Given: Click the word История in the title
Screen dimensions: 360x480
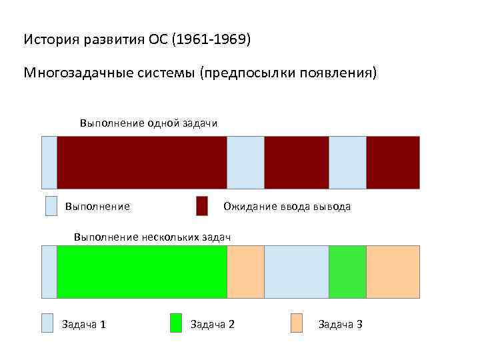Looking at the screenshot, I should tap(51, 40).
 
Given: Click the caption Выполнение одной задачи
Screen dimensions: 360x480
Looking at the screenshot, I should tap(149, 123).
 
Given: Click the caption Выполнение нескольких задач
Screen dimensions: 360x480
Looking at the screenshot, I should tap(152, 237).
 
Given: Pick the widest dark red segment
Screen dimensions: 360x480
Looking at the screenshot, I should tap(142, 163).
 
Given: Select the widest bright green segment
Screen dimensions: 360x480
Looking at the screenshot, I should tap(142, 272).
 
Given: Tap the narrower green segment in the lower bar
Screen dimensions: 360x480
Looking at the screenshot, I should tap(347, 272).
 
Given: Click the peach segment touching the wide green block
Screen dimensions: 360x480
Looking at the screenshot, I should tap(246, 272).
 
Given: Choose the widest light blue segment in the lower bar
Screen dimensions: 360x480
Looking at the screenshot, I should tap(297, 272).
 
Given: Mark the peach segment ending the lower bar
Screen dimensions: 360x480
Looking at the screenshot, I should tap(393, 272).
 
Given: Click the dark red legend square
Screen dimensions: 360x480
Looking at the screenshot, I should tap(202, 206).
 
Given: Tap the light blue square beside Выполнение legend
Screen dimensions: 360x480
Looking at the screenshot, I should tap(51, 206).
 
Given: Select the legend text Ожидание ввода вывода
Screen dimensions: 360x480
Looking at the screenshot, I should tap(287, 207).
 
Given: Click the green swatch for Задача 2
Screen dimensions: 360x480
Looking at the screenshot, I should tap(176, 323).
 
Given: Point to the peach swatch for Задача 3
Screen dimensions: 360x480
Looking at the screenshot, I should tap(297, 323).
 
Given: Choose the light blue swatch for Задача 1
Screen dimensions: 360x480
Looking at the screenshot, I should tap(47, 323).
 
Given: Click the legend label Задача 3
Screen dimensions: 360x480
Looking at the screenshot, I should tap(340, 325).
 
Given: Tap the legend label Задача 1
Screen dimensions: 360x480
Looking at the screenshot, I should tap(84, 325).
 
